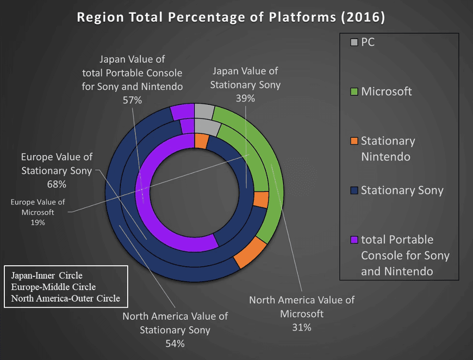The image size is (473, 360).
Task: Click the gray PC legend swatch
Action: [354, 43]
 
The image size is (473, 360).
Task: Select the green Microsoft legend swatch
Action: [354, 91]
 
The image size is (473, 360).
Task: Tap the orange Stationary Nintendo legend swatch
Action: [354, 141]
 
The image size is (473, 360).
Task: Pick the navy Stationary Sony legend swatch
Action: [354, 190]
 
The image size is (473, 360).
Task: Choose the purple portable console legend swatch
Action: [354, 240]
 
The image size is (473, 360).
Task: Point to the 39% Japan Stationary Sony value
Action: [245, 98]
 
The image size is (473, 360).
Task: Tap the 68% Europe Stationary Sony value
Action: [57, 184]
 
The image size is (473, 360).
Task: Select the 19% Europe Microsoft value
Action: [38, 223]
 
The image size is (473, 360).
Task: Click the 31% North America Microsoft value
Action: [301, 328]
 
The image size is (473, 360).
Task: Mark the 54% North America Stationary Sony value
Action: [175, 344]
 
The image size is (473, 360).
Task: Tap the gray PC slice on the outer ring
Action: [204, 111]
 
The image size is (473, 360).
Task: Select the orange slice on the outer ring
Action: [250, 253]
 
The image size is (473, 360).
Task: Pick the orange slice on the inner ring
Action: [201, 141]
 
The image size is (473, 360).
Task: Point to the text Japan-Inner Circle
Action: [46, 275]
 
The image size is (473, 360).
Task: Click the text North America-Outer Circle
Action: [65, 298]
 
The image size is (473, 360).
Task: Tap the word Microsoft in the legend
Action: [386, 91]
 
